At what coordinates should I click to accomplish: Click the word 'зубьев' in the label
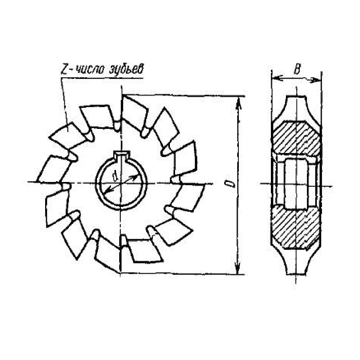tap(126, 68)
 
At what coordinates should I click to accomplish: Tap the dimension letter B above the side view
tap(297, 69)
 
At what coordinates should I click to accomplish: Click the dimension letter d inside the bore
tap(115, 176)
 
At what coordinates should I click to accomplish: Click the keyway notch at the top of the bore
tap(122, 155)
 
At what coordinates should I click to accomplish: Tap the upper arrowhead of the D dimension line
tap(239, 103)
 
